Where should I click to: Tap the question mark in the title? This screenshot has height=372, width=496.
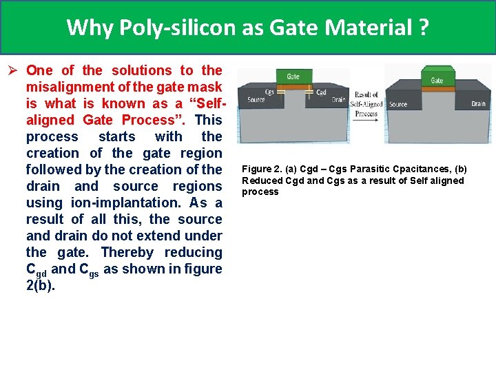coord(424,28)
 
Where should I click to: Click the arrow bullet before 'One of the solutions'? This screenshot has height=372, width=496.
coord(12,70)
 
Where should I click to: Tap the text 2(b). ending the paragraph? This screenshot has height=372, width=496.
coord(40,285)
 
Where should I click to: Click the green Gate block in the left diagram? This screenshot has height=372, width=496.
coord(293,76)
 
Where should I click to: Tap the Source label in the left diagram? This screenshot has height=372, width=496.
coord(256,100)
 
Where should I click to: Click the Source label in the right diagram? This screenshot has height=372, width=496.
coord(398,105)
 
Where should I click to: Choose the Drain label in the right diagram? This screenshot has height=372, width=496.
coord(478,104)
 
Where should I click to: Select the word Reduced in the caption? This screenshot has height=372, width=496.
coord(260,180)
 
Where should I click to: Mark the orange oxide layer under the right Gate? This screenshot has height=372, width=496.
coord(437,89)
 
